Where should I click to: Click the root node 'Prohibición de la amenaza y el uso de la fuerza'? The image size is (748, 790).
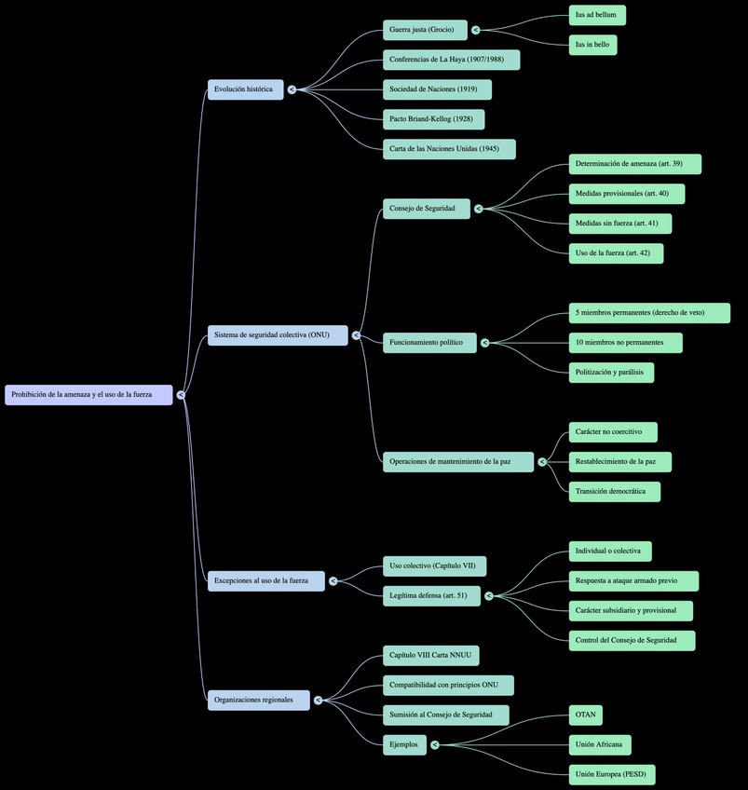pos(88,395)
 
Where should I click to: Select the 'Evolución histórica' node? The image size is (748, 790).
pos(244,89)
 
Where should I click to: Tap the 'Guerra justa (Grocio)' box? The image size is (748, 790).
pos(425,30)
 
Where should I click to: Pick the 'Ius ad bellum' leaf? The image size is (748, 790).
pos(597,15)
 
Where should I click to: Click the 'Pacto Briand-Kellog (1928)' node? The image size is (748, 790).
pos(433,119)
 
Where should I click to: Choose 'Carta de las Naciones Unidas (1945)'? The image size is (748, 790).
pos(448,149)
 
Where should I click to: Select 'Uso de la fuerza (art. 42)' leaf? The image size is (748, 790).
pos(616,253)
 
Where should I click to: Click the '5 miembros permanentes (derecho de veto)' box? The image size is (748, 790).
pos(649,313)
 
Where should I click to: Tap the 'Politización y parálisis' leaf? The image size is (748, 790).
pos(611,373)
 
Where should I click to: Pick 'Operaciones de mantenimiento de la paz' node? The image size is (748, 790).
pos(457,462)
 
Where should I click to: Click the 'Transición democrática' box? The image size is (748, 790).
pos(614,492)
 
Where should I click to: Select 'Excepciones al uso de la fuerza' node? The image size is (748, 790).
pos(265,581)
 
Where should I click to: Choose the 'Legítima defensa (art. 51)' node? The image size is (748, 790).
pos(431,596)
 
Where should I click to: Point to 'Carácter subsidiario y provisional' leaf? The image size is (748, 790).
pos(631,611)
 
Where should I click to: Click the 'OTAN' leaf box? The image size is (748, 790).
pos(585,715)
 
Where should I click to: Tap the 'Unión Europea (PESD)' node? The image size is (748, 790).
pos(612,775)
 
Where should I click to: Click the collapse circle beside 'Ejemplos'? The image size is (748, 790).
pos(435,745)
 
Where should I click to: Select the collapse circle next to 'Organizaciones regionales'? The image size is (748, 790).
pos(318,701)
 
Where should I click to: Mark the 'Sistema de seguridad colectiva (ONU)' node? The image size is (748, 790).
pos(277,335)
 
